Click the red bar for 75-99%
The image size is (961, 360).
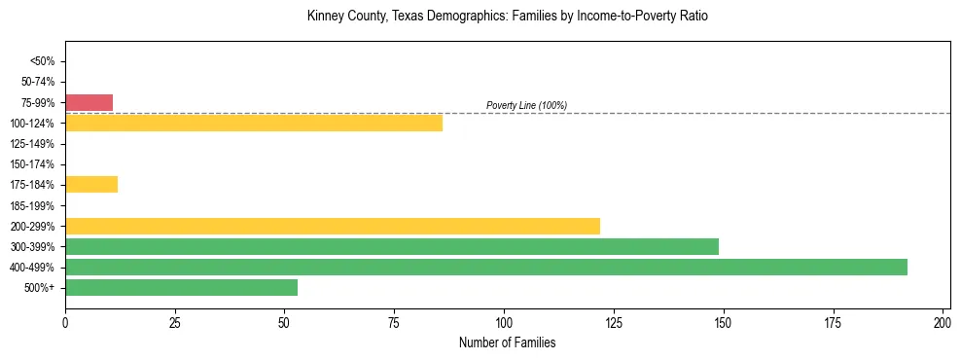(89, 102)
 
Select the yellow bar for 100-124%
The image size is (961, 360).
(253, 123)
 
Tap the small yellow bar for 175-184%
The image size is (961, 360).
(91, 184)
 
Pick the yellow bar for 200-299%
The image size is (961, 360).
(332, 226)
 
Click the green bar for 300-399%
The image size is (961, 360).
(391, 246)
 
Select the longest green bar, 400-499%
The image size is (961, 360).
(485, 267)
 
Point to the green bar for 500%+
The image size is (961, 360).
(181, 287)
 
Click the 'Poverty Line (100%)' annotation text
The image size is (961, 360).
(526, 105)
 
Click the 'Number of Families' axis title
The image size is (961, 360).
(507, 342)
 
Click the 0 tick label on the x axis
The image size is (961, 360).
(65, 322)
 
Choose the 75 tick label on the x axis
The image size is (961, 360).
(394, 322)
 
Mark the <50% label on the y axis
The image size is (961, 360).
(43, 61)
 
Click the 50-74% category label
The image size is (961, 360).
(39, 82)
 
